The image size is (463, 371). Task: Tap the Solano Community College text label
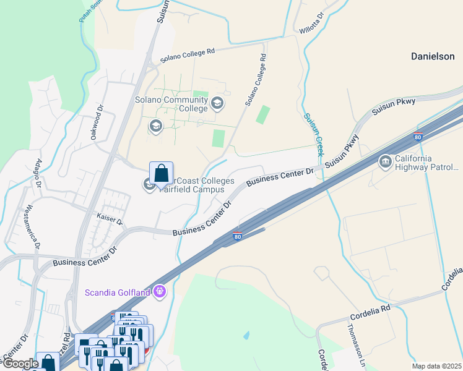[171, 104]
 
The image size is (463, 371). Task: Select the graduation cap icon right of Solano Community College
[217, 103]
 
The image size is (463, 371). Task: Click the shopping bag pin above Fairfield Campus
[161, 174]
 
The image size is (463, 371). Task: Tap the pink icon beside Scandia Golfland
[160, 289]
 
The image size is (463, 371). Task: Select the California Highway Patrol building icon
[386, 162]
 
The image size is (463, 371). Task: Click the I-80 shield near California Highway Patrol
[418, 137]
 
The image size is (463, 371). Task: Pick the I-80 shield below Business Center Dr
[238, 236]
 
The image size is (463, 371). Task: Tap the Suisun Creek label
[314, 134]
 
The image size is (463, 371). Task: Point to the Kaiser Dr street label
[110, 219]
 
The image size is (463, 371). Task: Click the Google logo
[20, 364]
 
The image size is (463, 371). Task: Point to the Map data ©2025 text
[436, 366]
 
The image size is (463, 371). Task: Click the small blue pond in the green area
[247, 335]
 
